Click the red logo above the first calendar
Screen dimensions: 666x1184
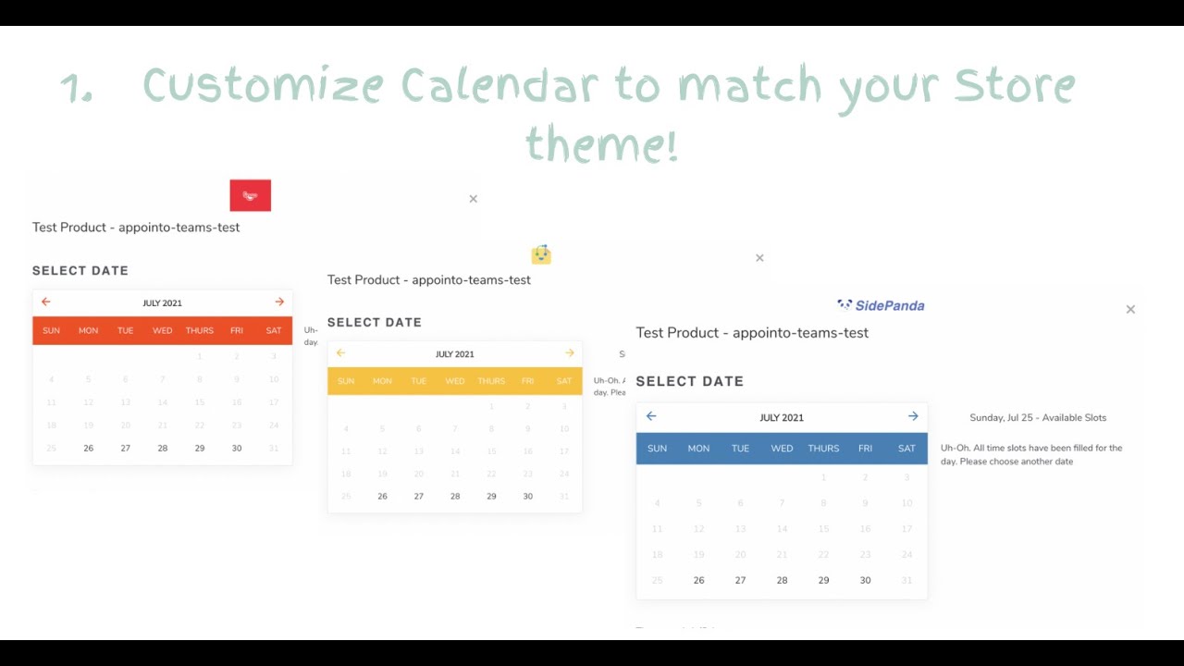coord(250,195)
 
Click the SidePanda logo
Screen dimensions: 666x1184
coord(881,305)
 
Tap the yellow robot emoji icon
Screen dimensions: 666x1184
coord(541,254)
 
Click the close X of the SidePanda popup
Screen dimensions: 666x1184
coord(1130,310)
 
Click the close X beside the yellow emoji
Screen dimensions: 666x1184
coord(759,258)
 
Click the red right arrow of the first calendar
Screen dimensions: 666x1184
coord(279,302)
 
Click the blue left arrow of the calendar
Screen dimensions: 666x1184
coord(651,416)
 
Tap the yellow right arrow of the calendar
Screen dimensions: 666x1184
coord(569,353)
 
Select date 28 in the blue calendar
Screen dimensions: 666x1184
coord(782,580)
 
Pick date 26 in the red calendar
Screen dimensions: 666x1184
coord(88,448)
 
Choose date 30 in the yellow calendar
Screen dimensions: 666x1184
coord(527,496)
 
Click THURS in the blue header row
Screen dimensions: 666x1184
coord(823,449)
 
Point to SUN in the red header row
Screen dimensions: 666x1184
coord(51,330)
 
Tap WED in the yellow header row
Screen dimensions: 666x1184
coord(454,381)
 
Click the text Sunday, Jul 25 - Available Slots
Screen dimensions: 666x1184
coord(1038,417)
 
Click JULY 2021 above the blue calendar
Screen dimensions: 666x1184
coord(782,417)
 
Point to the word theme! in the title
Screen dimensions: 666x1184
coord(601,145)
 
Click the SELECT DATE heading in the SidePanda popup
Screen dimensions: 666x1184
coord(689,381)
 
